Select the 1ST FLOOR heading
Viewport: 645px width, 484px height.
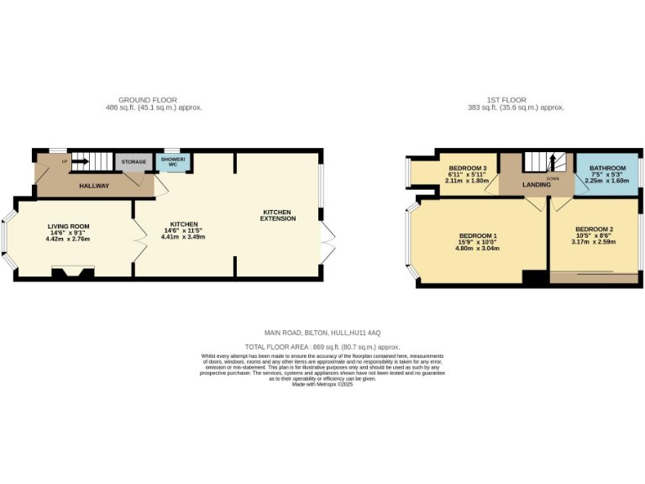(x=516, y=100)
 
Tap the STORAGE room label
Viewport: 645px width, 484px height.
(x=134, y=161)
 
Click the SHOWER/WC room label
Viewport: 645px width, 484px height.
(x=173, y=161)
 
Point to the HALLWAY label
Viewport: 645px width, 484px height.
(x=94, y=186)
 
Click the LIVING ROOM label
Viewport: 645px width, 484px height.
(x=68, y=226)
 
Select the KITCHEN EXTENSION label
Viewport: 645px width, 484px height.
(x=279, y=214)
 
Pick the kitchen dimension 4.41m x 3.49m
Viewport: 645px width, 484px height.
(x=183, y=237)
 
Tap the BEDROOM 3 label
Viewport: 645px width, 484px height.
(x=468, y=168)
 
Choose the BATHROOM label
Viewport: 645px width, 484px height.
(x=606, y=168)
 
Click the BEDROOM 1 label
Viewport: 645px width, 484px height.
(x=477, y=235)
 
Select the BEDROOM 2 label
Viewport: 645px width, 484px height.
(x=594, y=229)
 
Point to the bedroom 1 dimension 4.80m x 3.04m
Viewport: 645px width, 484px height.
(x=477, y=249)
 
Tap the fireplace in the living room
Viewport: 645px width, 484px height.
(x=71, y=271)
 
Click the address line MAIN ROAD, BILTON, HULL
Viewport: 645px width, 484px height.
(x=322, y=334)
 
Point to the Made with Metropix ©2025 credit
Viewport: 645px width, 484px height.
(x=322, y=384)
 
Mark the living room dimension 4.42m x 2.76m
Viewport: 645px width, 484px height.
(x=68, y=239)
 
